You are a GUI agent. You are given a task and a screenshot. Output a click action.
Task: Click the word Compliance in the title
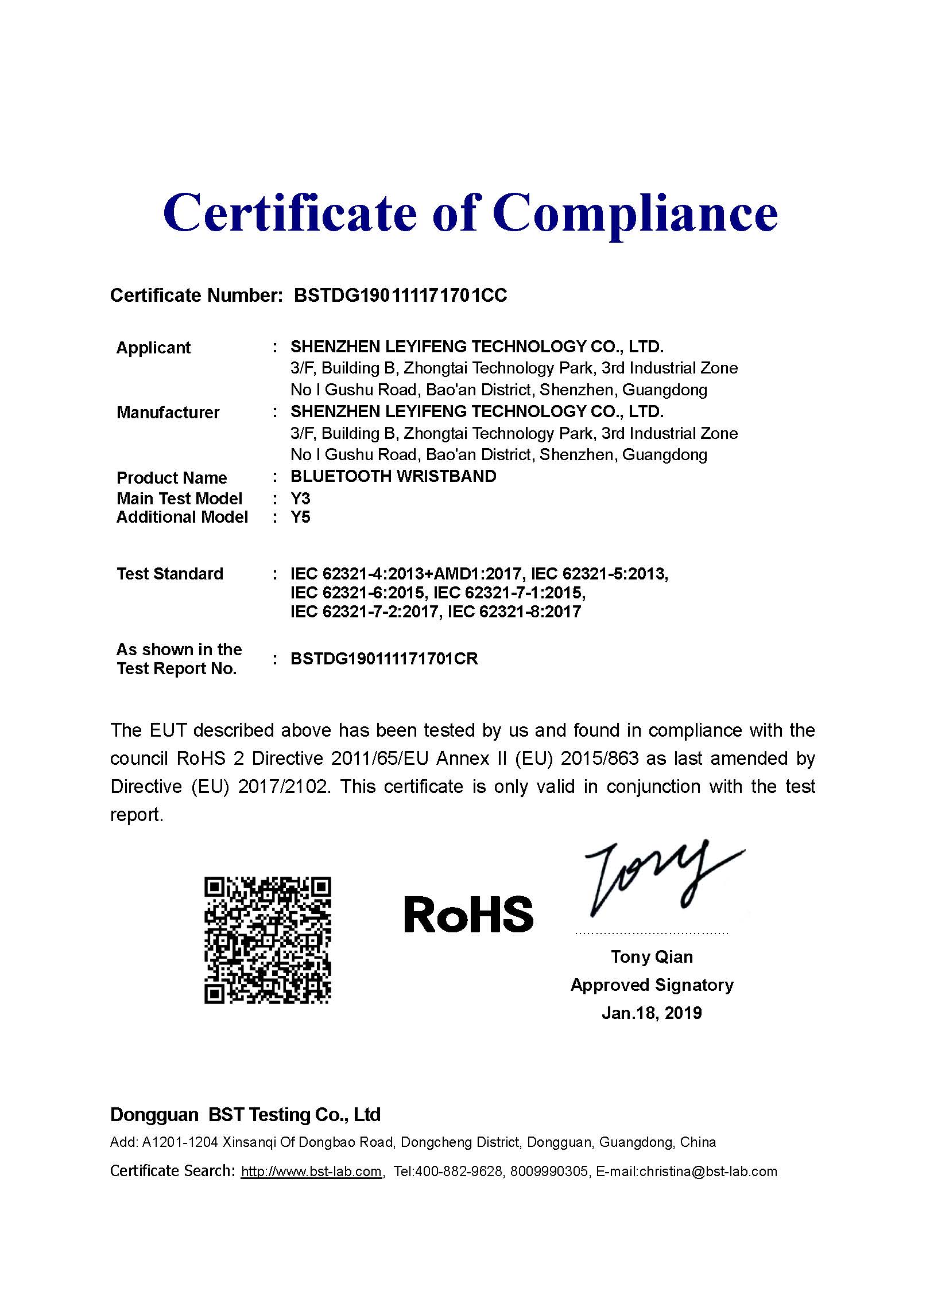click(x=635, y=213)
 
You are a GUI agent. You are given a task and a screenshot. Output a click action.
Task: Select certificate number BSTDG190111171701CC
click(x=400, y=295)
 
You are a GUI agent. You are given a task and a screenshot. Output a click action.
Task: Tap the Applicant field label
click(x=153, y=348)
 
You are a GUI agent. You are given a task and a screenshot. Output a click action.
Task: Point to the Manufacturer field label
click(x=168, y=413)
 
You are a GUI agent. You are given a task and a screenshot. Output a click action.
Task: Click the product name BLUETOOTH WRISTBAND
click(x=393, y=476)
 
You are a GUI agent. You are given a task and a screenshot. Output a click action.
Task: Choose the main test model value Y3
click(x=300, y=498)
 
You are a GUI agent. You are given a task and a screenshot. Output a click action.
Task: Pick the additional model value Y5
click(x=300, y=517)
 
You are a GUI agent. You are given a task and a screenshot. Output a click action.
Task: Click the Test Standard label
click(x=170, y=574)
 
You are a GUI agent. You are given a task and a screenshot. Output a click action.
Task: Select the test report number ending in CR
click(x=384, y=659)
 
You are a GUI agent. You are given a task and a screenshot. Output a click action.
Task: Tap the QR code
click(x=268, y=940)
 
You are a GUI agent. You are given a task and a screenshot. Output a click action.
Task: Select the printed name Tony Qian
click(x=652, y=957)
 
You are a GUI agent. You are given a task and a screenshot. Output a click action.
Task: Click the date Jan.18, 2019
click(x=652, y=1013)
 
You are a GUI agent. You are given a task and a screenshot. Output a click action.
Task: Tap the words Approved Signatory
click(x=652, y=985)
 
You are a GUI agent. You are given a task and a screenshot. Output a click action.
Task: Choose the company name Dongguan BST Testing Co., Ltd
click(x=245, y=1115)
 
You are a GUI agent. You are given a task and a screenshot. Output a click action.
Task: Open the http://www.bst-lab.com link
click(x=312, y=1172)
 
